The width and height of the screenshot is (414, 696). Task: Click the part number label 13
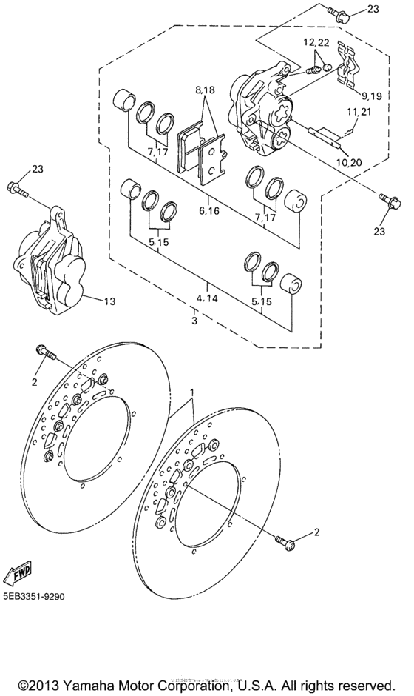tap(109, 301)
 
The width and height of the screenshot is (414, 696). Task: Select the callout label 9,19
tap(372, 96)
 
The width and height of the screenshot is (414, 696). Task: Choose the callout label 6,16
tap(209, 210)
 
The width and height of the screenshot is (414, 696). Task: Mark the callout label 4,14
tap(208, 298)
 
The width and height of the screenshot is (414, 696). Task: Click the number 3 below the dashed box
tap(194, 322)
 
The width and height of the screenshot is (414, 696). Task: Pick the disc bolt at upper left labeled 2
tap(46, 353)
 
